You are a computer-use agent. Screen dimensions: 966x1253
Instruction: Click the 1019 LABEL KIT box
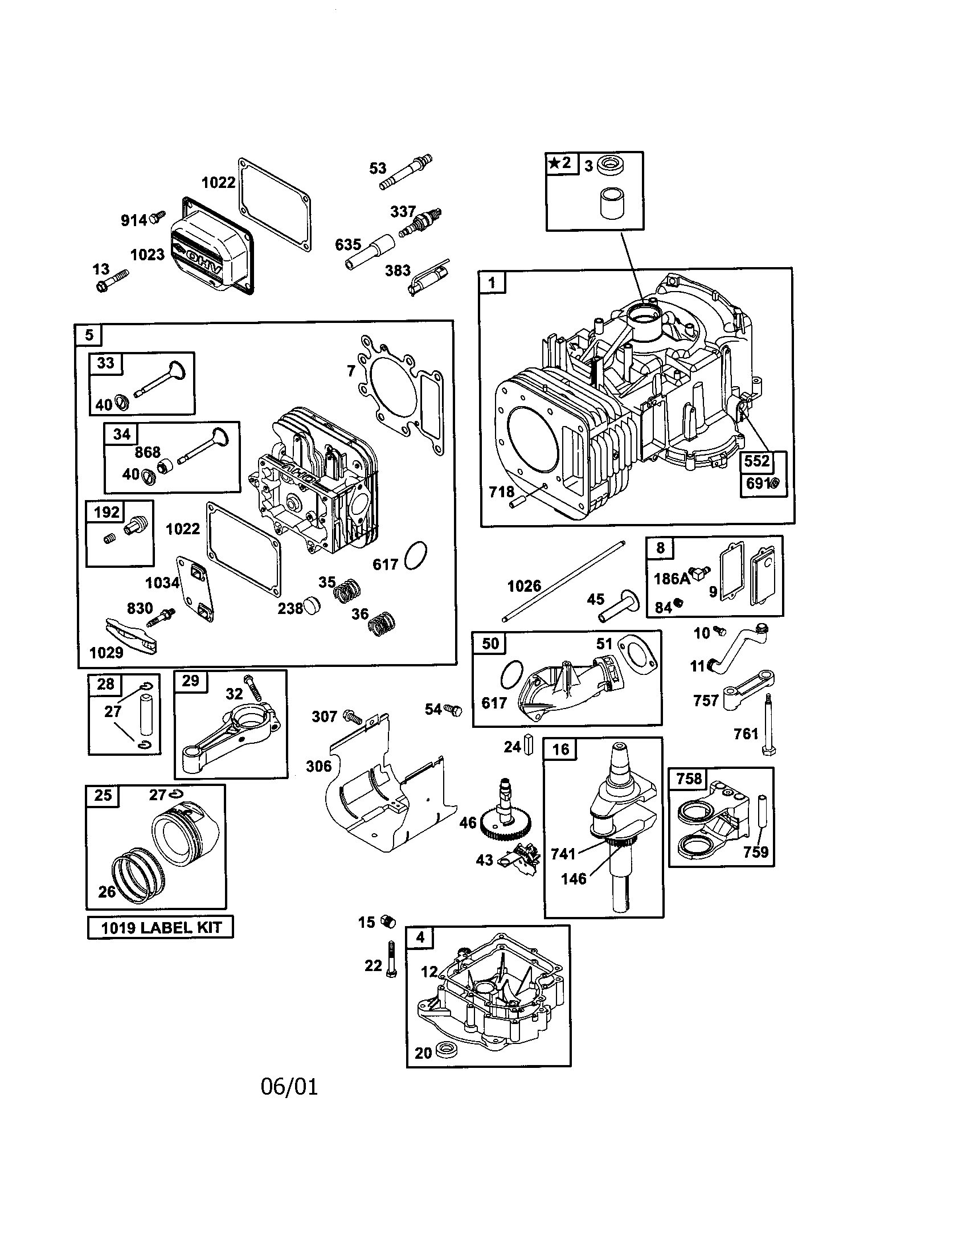(160, 927)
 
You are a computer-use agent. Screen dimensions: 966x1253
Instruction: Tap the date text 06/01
(289, 1087)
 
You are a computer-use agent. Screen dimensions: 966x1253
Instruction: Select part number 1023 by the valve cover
(148, 254)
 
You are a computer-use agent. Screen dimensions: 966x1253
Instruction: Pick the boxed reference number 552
(756, 461)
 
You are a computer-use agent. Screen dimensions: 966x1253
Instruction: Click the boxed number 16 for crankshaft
(560, 750)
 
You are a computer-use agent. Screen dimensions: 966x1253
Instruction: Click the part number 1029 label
(106, 652)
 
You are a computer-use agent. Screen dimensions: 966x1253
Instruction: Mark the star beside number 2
(554, 163)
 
